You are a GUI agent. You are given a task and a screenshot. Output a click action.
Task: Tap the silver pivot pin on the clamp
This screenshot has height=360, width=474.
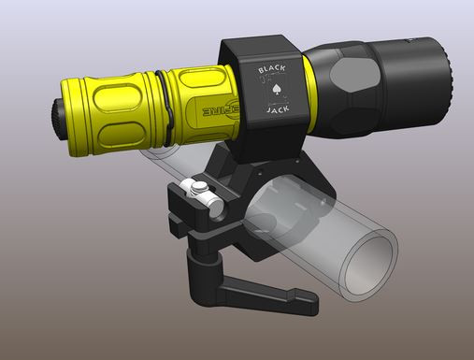201,190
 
